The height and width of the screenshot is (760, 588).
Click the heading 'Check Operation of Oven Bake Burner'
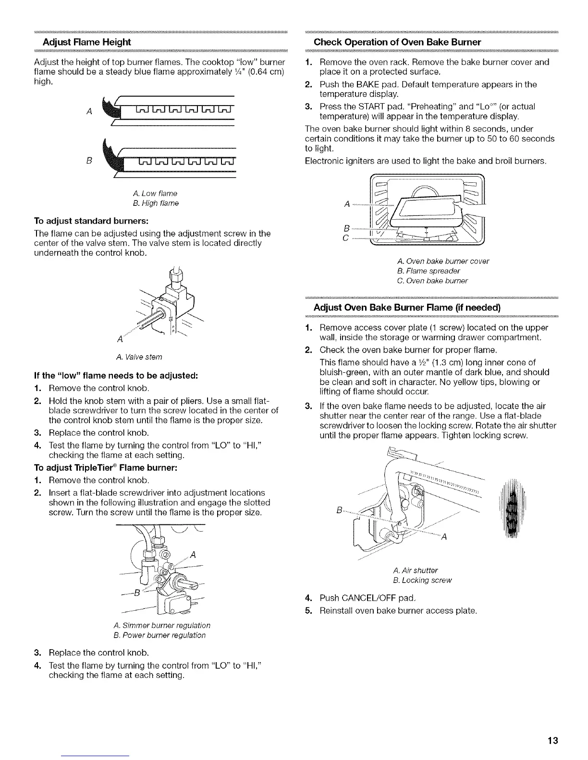coord(397,42)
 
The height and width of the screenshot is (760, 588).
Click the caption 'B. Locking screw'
coord(422,581)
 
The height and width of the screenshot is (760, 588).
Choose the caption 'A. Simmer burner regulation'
coord(162,626)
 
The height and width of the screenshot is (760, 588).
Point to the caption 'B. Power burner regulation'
coord(160,635)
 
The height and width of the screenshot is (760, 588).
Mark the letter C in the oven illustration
coord(346,238)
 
